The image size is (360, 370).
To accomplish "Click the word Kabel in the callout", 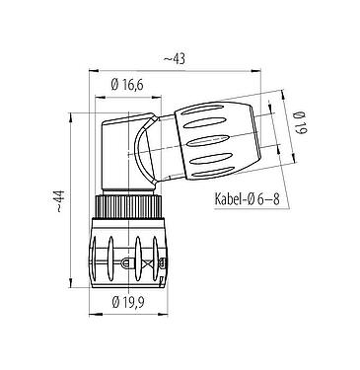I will click(x=233, y=199).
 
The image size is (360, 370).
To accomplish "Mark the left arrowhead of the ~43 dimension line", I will click(x=93, y=69).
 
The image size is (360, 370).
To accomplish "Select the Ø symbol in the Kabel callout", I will click(x=259, y=199).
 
